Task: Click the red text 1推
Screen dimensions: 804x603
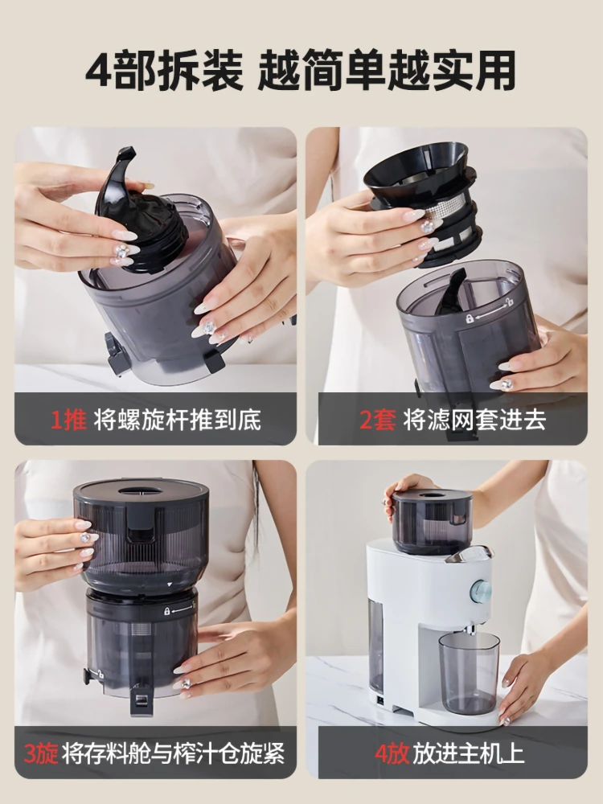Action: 68,419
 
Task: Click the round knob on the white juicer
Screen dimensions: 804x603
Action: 481,591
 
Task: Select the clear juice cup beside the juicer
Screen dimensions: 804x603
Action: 469,672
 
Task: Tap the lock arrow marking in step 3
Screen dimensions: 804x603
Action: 179,610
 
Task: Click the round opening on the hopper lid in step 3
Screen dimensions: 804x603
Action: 140,490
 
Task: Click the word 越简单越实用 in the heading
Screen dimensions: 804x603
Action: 387,72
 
